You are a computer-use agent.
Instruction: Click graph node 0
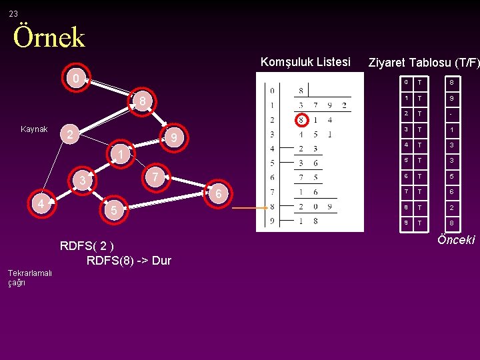[76, 79]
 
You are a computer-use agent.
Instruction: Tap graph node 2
[69, 134]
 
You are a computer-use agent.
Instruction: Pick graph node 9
[173, 139]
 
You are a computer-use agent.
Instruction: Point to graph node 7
[155, 177]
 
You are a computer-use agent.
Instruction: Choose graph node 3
[83, 181]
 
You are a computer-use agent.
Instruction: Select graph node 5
[114, 211]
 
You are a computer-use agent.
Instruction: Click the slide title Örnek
[49, 37]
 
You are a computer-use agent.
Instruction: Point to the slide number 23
[13, 13]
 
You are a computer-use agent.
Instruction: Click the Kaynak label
[34, 129]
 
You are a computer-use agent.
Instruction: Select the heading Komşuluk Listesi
[305, 62]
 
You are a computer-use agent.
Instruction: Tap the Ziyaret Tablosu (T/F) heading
[423, 63]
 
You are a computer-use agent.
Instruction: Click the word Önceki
[456, 239]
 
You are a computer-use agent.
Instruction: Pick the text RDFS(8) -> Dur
[129, 260]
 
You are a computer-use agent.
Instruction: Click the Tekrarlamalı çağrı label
[29, 278]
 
